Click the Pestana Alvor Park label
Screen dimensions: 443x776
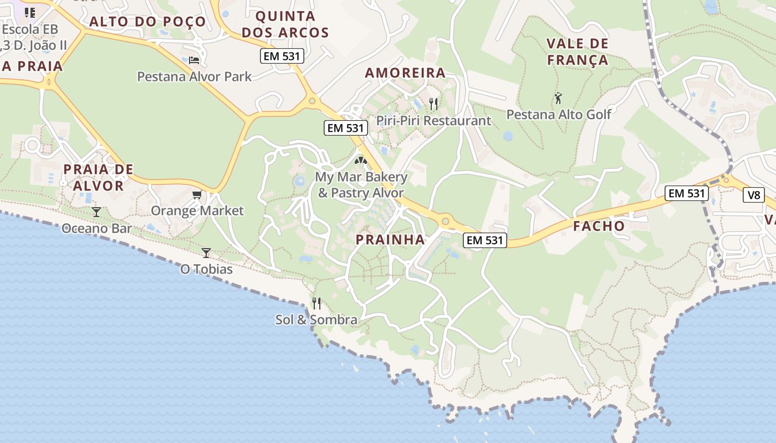[195, 76]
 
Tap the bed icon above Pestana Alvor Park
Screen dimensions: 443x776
[194, 60]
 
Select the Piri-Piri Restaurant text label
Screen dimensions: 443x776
[433, 120]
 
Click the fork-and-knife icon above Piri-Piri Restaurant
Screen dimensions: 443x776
[433, 104]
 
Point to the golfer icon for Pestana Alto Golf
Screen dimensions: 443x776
[558, 99]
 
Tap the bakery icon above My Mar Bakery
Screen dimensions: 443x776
[361, 161]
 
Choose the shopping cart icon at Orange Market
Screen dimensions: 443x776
[197, 194]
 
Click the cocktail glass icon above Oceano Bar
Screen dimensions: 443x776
[96, 212]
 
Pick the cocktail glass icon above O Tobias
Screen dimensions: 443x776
[206, 253]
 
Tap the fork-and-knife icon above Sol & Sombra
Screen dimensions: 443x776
[316, 303]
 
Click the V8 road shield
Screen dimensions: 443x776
[754, 195]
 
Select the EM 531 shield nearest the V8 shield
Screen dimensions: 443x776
[687, 193]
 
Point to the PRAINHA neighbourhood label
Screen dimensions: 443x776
[390, 240]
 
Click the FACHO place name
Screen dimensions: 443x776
[599, 226]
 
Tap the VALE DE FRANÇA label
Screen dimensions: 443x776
[578, 51]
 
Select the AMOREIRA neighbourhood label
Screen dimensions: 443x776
[405, 73]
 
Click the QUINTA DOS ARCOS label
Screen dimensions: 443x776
[285, 24]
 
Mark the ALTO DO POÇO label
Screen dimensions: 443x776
[147, 22]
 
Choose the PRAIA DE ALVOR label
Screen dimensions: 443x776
[98, 177]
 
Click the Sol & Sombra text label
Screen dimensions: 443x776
[316, 320]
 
